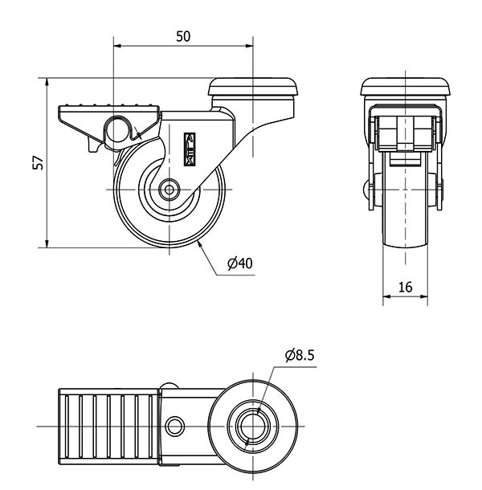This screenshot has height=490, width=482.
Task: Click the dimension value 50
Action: [183, 37]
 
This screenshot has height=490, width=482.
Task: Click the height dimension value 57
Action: [36, 162]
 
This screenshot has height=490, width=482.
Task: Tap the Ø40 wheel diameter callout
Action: [240, 263]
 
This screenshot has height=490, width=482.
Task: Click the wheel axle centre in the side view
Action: [170, 190]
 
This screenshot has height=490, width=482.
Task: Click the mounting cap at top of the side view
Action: [253, 86]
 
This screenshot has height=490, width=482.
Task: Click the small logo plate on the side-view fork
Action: [190, 149]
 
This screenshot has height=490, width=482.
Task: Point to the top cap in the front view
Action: [405, 86]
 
